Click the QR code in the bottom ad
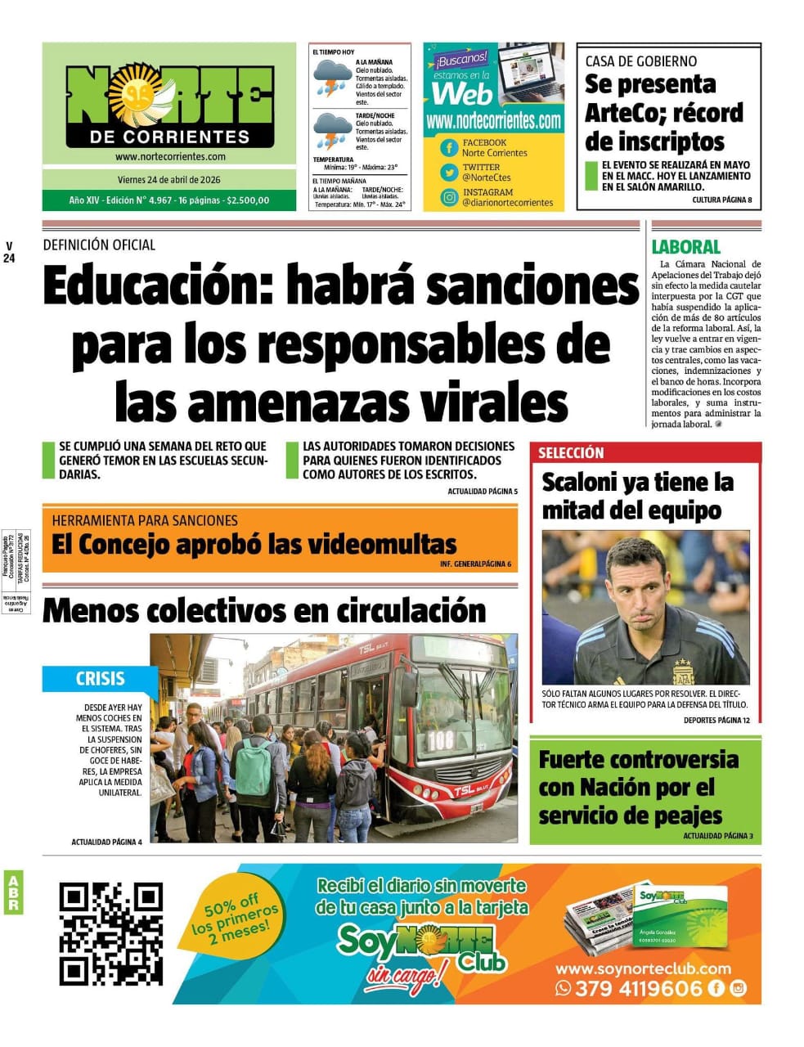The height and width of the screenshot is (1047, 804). pyautogui.click(x=110, y=933)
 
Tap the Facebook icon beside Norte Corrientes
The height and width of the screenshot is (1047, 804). pyautogui.click(x=449, y=147)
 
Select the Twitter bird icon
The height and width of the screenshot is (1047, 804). pyautogui.click(x=449, y=172)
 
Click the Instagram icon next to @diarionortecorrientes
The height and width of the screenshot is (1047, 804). pyautogui.click(x=449, y=197)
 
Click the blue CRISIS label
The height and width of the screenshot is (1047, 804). pyautogui.click(x=100, y=678)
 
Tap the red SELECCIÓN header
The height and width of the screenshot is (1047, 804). pyautogui.click(x=571, y=452)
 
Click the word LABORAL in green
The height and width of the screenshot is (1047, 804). pyautogui.click(x=685, y=246)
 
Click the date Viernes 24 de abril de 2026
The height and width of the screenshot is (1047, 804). pyautogui.click(x=168, y=180)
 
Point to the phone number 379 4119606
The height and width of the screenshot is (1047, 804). pyautogui.click(x=638, y=988)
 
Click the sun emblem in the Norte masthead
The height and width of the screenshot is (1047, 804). pyautogui.click(x=135, y=96)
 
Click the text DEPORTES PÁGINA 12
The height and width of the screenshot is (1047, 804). pyautogui.click(x=716, y=720)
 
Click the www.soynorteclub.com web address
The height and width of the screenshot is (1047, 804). pyautogui.click(x=643, y=968)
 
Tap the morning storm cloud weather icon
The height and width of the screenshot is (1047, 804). pyautogui.click(x=331, y=78)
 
